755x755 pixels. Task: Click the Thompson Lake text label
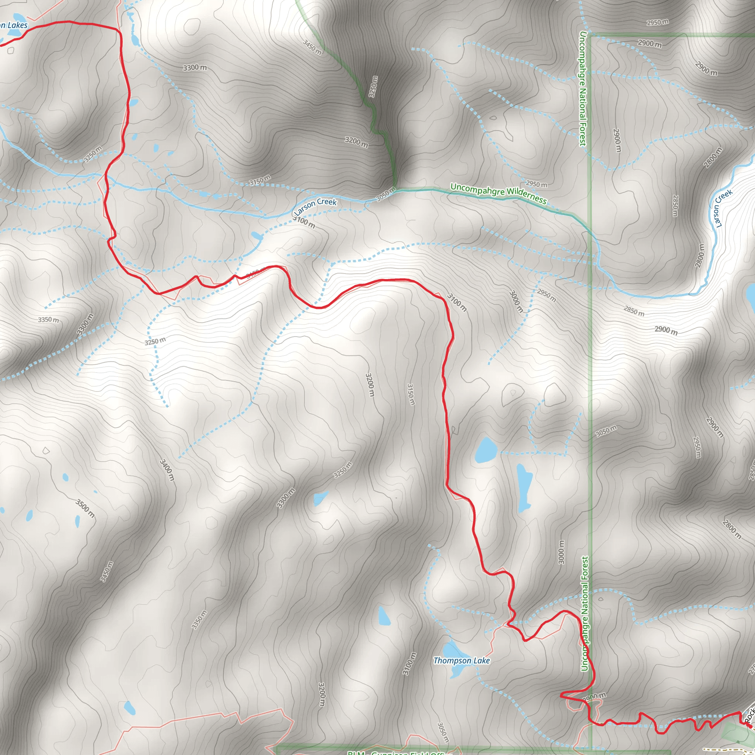462,660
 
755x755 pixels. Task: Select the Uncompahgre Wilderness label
498,194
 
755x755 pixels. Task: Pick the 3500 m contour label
85,508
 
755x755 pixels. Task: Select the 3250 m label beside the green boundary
373,87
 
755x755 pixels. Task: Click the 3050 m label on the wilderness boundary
386,194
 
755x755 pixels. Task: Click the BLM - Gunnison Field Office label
395,752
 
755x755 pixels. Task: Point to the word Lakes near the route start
17,25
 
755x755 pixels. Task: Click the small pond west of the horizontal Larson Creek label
257,236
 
